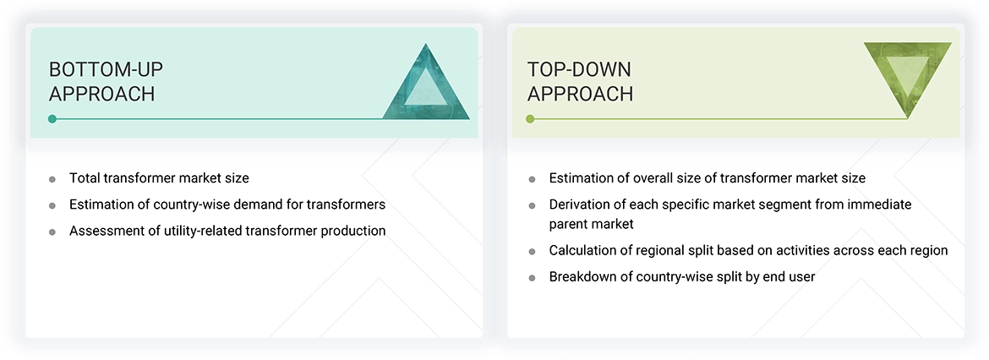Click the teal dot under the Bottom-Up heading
pyautogui.click(x=52, y=119)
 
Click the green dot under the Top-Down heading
pyautogui.click(x=530, y=119)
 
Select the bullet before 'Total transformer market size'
pyautogui.click(x=52, y=179)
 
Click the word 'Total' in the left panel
pyautogui.click(x=85, y=178)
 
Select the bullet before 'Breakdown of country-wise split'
pyautogui.click(x=532, y=277)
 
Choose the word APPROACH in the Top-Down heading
pyautogui.click(x=580, y=94)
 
